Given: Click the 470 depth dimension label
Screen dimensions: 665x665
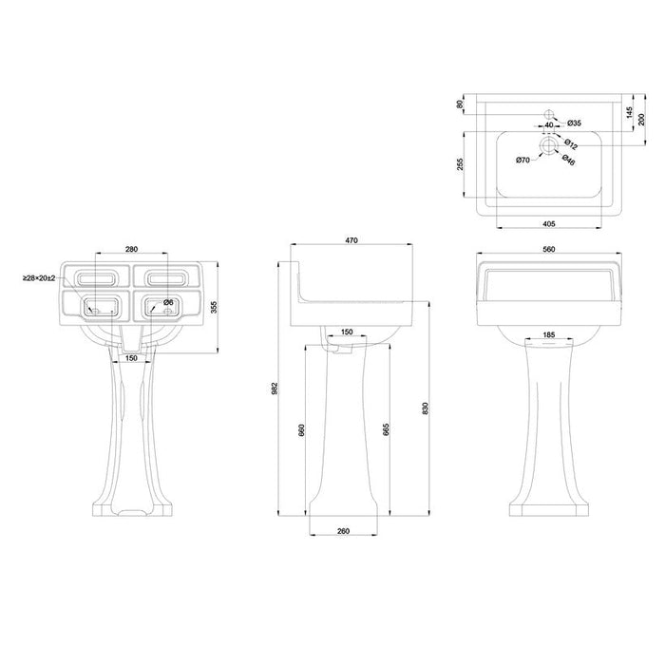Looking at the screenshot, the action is click(x=351, y=240).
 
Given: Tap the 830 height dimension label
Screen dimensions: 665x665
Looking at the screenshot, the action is click(x=426, y=408).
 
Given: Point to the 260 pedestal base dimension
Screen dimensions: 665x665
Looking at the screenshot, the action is click(x=344, y=531).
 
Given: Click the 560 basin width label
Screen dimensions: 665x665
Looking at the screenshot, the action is click(x=549, y=249).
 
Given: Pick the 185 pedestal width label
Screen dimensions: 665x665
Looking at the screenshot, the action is click(x=549, y=335).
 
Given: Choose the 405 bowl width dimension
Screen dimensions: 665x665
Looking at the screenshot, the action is click(x=549, y=224).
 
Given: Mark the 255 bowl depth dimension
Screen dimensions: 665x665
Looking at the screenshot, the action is click(x=461, y=164).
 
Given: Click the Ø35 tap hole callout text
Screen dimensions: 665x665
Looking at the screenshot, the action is click(x=574, y=123).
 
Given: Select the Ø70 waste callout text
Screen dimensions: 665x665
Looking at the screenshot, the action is click(x=522, y=160).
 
